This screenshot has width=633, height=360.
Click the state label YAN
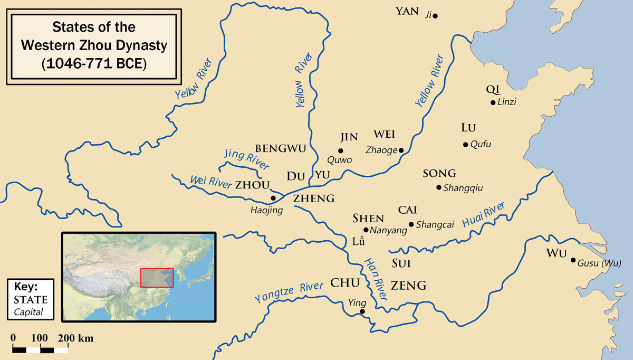click(407, 11)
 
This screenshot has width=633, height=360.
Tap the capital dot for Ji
click(435, 16)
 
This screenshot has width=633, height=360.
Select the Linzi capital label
click(506, 102)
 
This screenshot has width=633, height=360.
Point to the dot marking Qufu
click(465, 145)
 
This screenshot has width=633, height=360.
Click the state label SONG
click(439, 174)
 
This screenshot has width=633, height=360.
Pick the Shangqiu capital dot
click(438, 187)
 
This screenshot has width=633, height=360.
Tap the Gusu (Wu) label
click(600, 263)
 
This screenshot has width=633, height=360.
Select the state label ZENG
click(409, 286)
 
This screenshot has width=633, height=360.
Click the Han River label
click(375, 276)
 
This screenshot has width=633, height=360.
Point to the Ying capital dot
click(362, 312)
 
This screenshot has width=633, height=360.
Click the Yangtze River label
click(289, 292)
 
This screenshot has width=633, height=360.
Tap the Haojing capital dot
click(273, 198)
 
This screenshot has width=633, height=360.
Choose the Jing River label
click(246, 158)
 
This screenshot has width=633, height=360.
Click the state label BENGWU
click(280, 149)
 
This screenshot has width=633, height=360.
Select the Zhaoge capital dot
click(401, 150)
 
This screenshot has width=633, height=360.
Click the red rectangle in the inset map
click(157, 278)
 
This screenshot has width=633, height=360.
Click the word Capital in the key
click(30, 312)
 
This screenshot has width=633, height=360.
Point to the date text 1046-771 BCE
click(94, 63)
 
